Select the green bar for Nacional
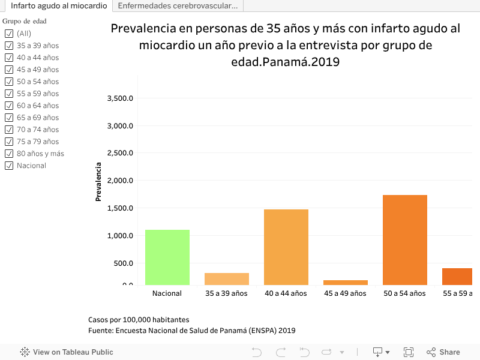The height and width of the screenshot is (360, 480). click(x=167, y=257)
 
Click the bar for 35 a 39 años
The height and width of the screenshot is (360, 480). click(x=227, y=279)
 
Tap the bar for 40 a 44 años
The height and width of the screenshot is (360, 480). click(x=286, y=247)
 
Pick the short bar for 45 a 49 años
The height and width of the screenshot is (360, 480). click(x=346, y=282)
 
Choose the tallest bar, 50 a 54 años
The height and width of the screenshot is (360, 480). click(x=405, y=240)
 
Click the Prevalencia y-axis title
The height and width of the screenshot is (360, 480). click(x=98, y=181)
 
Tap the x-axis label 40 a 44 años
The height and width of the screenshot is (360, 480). click(x=286, y=293)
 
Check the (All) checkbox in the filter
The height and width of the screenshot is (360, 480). click(x=9, y=34)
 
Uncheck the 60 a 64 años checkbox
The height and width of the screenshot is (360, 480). click(x=9, y=106)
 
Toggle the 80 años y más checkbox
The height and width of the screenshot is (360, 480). click(x=9, y=154)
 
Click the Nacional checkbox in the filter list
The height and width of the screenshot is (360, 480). click(x=9, y=166)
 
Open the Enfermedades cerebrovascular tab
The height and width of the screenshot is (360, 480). click(x=178, y=6)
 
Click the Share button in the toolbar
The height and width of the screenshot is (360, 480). click(x=443, y=352)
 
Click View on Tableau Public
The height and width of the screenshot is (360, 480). click(x=67, y=352)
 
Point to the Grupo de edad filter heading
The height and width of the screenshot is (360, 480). click(x=25, y=21)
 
